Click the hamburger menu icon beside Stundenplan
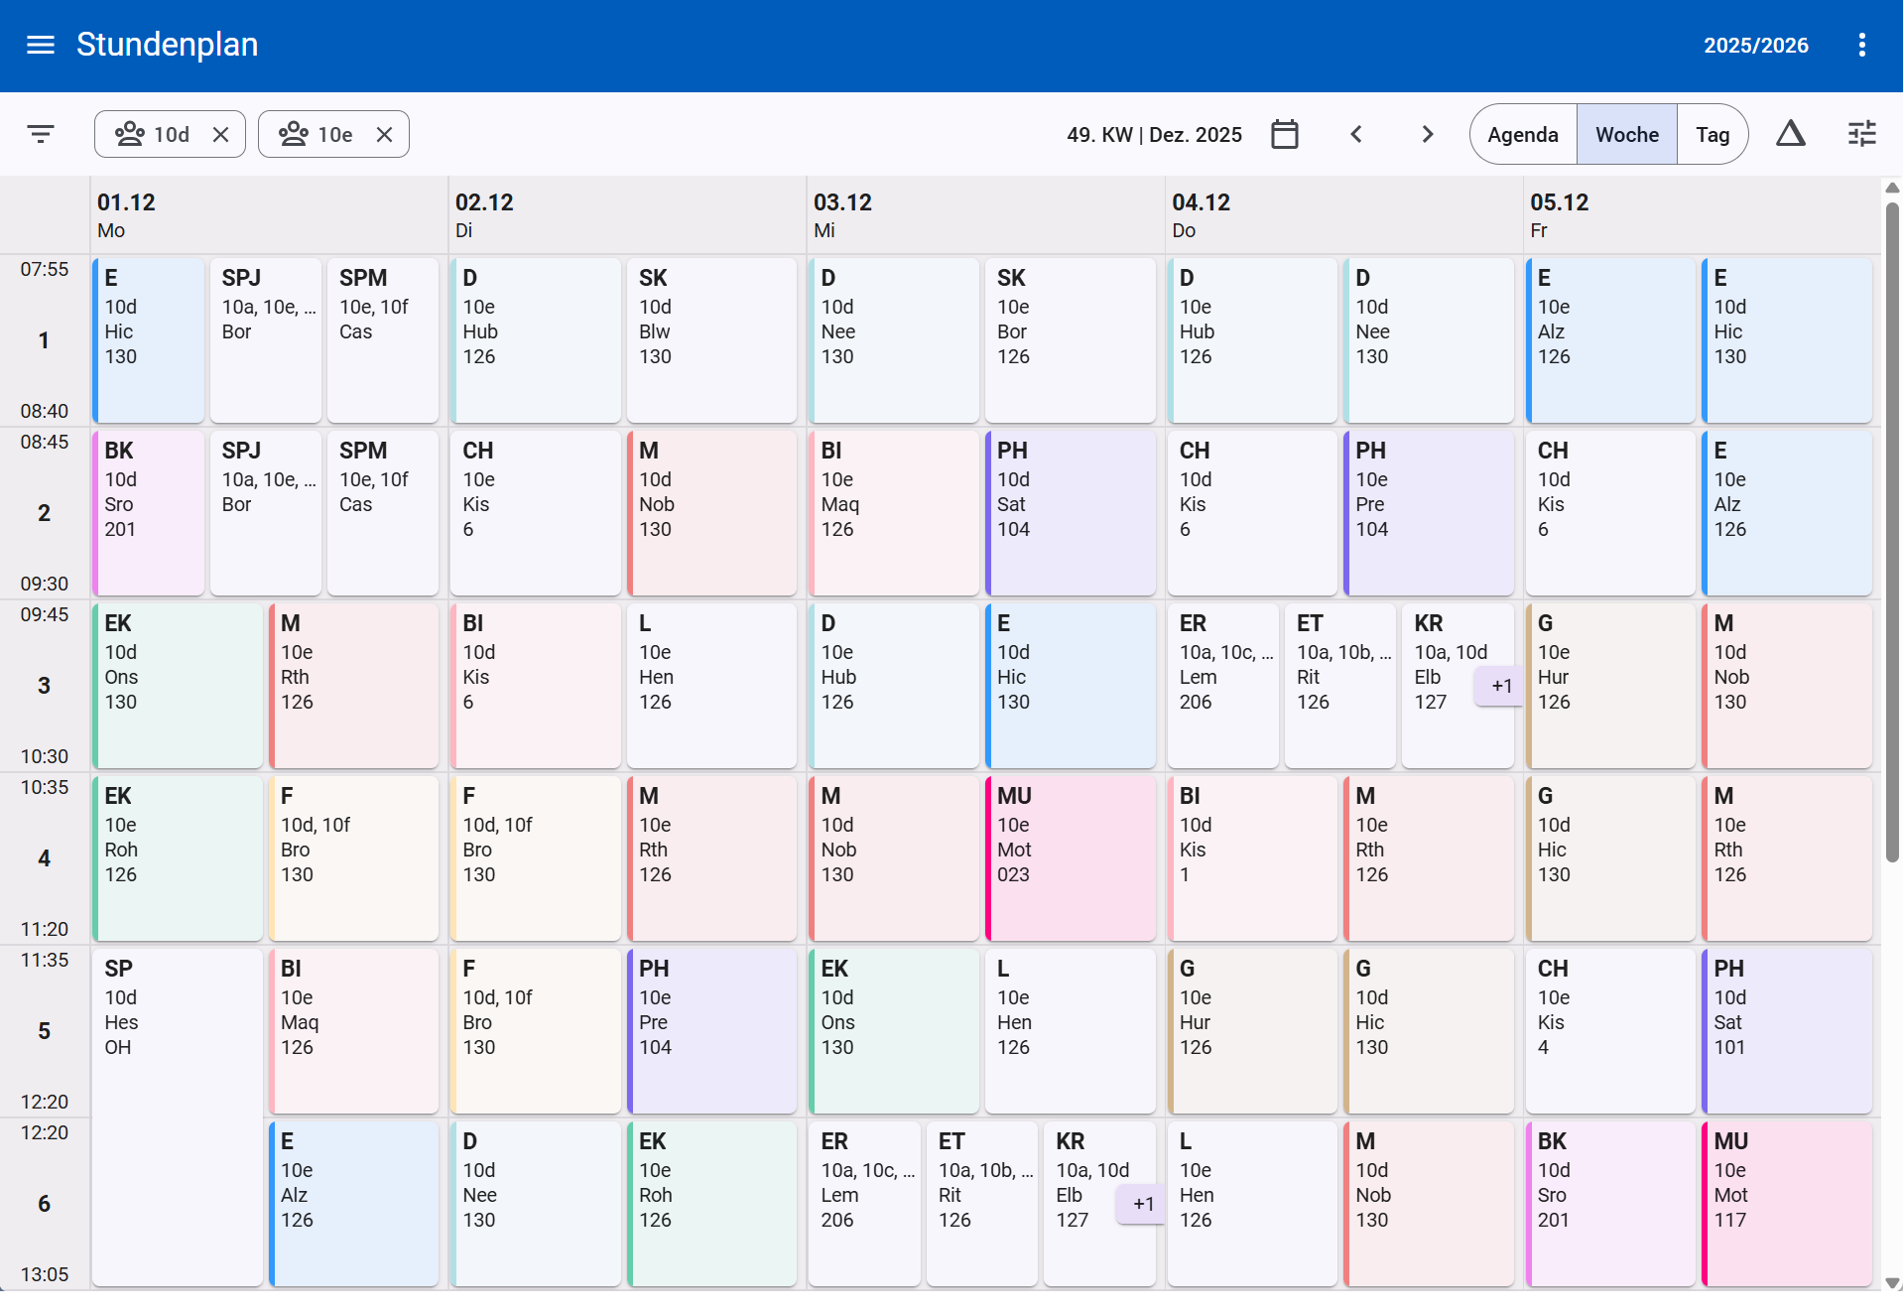[41, 45]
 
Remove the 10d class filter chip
[221, 134]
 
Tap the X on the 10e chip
[385, 134]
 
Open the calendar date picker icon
[1285, 134]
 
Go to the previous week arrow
[1356, 134]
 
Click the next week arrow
[1428, 134]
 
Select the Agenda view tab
[1523, 134]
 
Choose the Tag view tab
[1713, 134]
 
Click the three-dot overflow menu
[1862, 45]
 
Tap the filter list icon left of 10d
[41, 134]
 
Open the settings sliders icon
[1862, 134]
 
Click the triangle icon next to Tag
[1791, 133]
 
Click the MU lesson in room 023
[1071, 858]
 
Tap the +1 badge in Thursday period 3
[1500, 686]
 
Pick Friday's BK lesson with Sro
[1610, 1204]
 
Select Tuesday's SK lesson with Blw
[711, 340]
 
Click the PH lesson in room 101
[1787, 1031]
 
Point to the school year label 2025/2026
[1756, 45]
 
